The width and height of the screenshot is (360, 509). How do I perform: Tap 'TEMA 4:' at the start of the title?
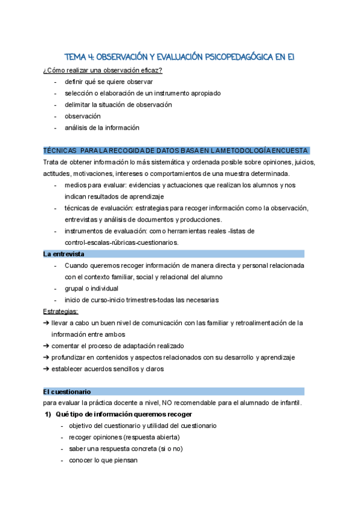click(80, 57)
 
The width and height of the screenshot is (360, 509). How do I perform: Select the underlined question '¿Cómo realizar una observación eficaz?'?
click(103, 70)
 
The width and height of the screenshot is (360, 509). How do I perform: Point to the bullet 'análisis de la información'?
click(102, 127)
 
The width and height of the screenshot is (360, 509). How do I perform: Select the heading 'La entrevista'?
click(64, 254)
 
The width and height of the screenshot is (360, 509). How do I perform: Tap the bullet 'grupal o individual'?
click(92, 288)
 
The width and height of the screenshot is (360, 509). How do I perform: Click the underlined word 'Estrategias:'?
click(61, 311)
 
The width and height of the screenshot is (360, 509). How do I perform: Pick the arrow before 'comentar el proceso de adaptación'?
click(47, 346)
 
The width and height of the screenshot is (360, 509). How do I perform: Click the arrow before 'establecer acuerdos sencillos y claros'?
click(47, 369)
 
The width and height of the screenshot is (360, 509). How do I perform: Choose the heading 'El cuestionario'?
click(66, 391)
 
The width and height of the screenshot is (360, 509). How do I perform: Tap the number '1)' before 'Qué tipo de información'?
click(47, 414)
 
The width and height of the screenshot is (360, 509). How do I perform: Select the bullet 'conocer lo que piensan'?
click(103, 460)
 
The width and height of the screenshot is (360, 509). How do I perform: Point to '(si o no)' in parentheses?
click(169, 448)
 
